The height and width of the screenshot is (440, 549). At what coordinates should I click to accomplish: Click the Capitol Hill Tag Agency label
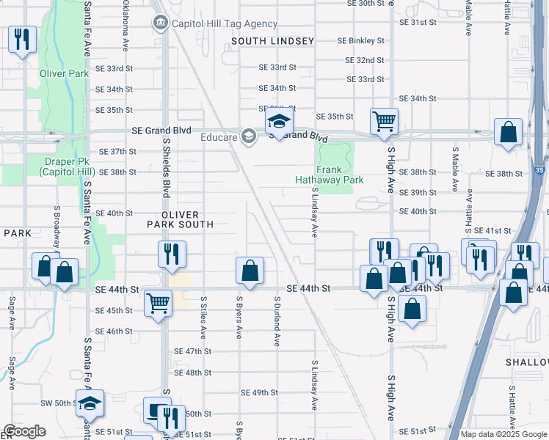coord(215,23)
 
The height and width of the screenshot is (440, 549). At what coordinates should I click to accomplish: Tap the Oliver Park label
coord(65,73)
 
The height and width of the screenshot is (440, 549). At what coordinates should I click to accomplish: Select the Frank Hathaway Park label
coord(330,173)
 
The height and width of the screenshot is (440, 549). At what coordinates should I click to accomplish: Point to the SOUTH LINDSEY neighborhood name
coord(273,42)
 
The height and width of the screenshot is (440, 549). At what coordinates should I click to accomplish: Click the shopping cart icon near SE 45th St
coord(159,303)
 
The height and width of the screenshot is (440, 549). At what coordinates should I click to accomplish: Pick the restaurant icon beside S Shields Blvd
coord(170,254)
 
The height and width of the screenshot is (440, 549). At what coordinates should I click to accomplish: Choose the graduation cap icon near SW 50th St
coord(90,403)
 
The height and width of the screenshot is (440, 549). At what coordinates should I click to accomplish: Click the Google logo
coord(23,432)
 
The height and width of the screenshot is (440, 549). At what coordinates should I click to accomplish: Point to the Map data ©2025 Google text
coord(503,434)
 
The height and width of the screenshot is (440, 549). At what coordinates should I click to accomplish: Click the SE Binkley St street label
coord(360,40)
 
